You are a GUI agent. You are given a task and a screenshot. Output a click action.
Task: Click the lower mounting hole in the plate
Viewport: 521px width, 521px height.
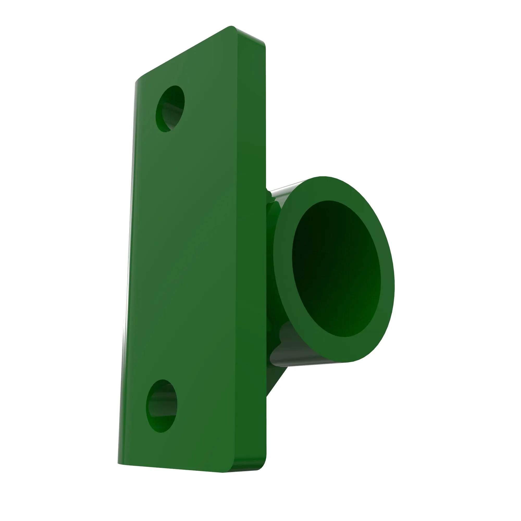click(162, 406)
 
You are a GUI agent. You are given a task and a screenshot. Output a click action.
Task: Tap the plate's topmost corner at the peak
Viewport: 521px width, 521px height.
click(231, 27)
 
